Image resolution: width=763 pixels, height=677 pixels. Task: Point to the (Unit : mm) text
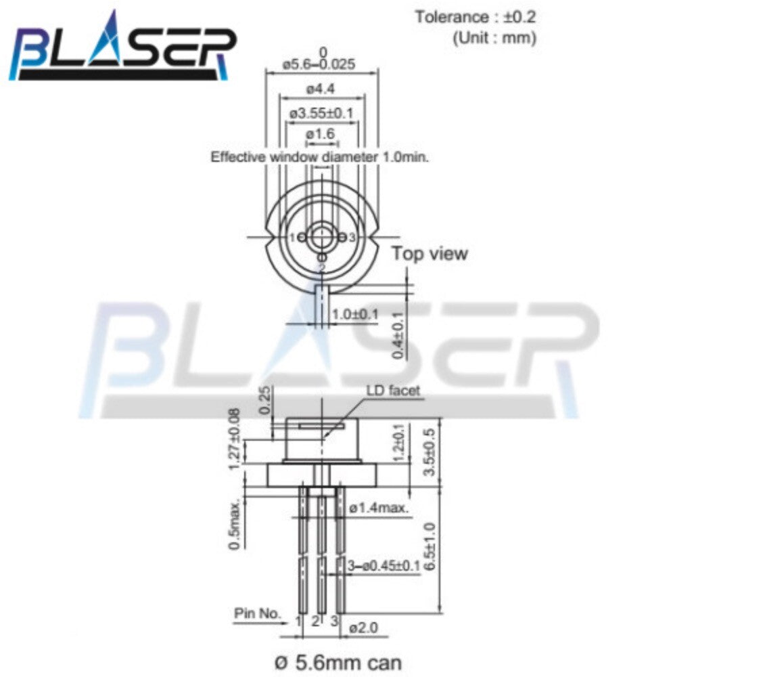tap(494, 37)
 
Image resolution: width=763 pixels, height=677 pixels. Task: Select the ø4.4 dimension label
tap(320, 89)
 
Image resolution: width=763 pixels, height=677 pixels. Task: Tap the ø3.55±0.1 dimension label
tap(321, 112)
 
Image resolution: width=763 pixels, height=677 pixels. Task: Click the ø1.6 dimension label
tap(321, 135)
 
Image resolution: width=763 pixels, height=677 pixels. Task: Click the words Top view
tap(430, 254)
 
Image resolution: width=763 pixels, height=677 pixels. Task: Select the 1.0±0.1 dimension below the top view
tap(355, 315)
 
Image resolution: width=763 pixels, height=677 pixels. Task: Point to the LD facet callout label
tap(392, 391)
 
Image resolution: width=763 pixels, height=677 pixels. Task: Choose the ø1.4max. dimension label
tap(379, 508)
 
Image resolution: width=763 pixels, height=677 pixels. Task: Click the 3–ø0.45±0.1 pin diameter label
tap(383, 565)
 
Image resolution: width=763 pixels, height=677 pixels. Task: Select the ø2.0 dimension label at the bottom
tap(365, 628)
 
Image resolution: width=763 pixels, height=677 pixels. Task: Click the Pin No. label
tap(257, 613)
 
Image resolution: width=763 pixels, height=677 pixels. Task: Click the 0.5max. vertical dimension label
tap(235, 526)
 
